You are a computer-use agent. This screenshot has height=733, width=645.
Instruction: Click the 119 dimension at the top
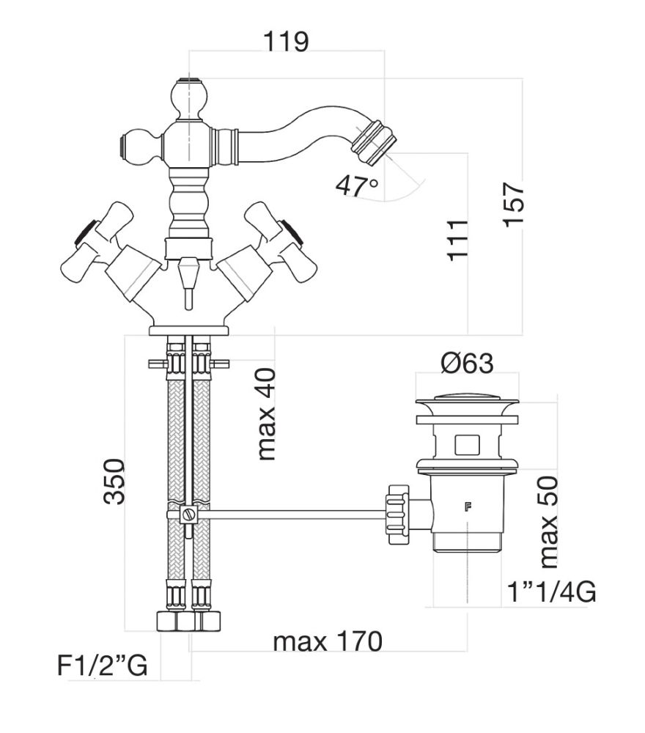tap(287, 42)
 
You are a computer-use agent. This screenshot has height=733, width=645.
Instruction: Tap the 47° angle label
tap(357, 186)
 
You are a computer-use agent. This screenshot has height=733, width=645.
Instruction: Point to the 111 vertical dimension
tap(459, 239)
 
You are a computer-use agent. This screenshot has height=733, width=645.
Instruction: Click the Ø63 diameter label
tap(466, 363)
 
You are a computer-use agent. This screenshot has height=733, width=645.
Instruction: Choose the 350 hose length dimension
tap(114, 481)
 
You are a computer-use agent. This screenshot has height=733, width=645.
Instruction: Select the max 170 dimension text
tap(328, 642)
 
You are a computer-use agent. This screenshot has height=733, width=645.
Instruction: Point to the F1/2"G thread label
tap(103, 666)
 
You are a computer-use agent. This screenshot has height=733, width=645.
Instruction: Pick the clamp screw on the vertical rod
tap(190, 515)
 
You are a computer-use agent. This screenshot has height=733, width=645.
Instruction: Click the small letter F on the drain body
tap(466, 507)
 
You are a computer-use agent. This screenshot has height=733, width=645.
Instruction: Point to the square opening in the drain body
tap(466, 444)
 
